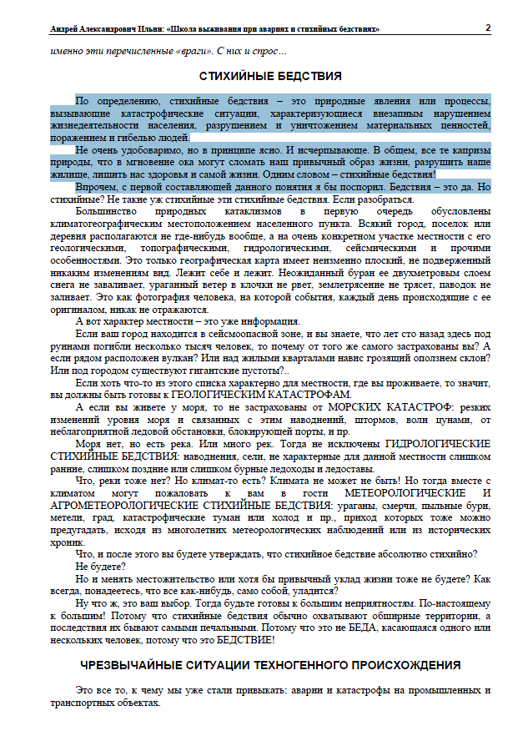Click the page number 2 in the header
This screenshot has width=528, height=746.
pos(488,28)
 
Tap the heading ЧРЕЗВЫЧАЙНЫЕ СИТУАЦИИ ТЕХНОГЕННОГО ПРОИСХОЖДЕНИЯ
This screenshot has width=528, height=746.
pos(270,666)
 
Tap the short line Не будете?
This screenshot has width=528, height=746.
pos(98,565)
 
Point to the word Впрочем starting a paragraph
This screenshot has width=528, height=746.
pos(96,188)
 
